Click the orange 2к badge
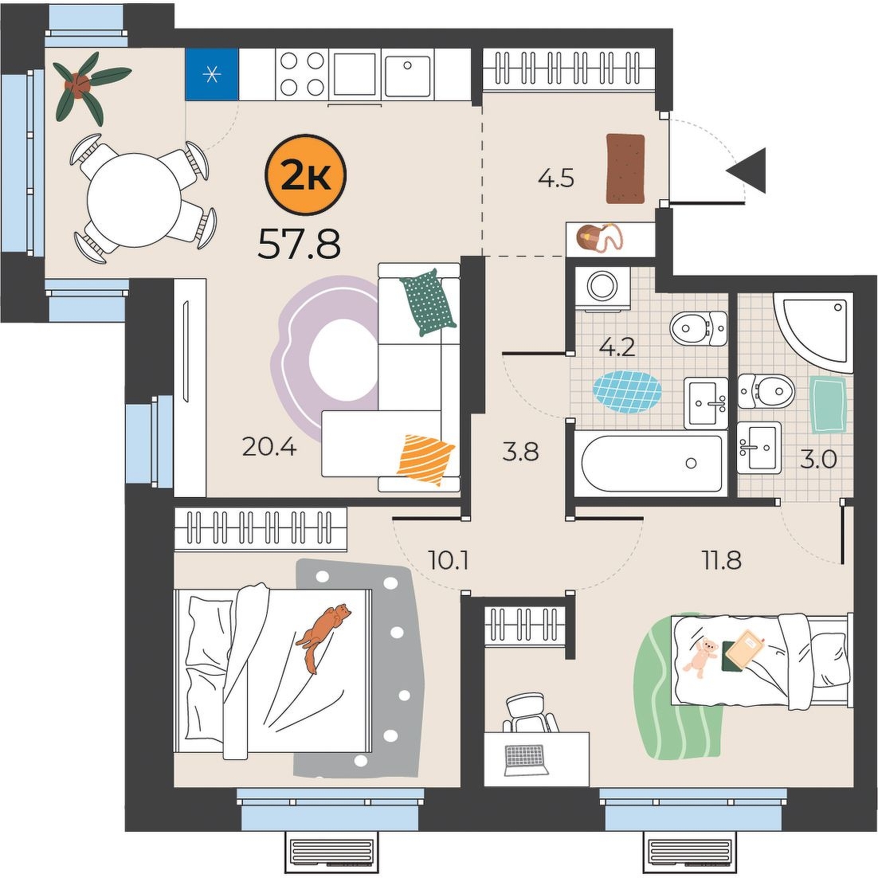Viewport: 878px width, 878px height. [x=306, y=176]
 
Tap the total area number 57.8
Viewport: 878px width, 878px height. [x=299, y=244]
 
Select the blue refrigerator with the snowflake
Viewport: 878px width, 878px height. [x=212, y=74]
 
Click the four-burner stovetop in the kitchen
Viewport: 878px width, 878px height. [x=301, y=73]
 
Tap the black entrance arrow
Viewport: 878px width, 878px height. [x=747, y=171]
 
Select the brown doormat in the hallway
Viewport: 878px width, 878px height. [x=626, y=169]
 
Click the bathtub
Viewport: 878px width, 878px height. [x=651, y=463]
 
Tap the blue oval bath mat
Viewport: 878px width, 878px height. [x=627, y=391]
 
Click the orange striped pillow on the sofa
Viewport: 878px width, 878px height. [x=425, y=459]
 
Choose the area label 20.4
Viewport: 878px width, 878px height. [x=269, y=447]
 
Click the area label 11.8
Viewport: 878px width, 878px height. [x=723, y=559]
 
